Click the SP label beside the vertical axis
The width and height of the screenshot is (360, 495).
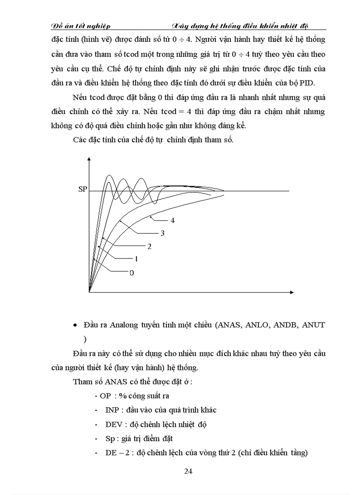[x=82, y=190]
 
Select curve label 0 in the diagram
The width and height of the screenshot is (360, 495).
[x=131, y=273]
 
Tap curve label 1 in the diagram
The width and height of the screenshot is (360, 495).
[x=137, y=259]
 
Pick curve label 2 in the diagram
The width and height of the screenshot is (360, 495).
[x=150, y=246]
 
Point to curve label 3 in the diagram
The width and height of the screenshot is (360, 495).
[x=162, y=233]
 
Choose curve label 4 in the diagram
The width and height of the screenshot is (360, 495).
[x=172, y=220]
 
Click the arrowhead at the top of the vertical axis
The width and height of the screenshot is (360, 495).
[x=90, y=164]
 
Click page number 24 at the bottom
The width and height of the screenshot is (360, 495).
[x=188, y=471]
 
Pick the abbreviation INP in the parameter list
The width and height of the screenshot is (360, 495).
[x=112, y=410]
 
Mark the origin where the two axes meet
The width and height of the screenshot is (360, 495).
[x=90, y=292]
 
